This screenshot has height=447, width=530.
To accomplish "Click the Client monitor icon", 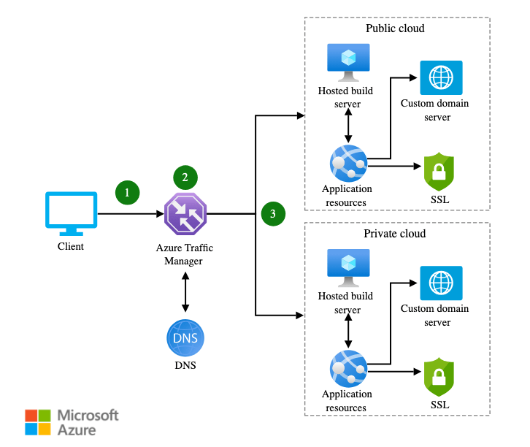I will tap(71, 213).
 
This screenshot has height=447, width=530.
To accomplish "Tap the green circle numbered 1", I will tap(127, 193).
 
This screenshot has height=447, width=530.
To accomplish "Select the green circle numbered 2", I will tap(185, 177).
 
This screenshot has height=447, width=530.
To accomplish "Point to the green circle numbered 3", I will tap(272, 214).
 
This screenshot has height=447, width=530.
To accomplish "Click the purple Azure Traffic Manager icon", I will tap(185, 214).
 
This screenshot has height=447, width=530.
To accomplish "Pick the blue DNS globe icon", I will tap(185, 337).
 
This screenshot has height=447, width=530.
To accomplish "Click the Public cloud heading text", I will tap(394, 28).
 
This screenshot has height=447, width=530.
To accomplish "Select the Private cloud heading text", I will tap(394, 234).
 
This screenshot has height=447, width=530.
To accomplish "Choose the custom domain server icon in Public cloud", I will tap(441, 77).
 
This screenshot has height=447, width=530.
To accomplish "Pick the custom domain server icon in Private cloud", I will tap(441, 283).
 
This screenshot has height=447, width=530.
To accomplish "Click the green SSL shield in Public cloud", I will tap(439, 172).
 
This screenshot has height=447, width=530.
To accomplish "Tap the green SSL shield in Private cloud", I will tap(439, 377).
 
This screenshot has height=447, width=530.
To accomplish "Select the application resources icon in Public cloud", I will tap(347, 162).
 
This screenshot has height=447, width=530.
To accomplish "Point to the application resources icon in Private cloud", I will tap(347, 368).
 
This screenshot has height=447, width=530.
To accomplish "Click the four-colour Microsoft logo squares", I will tap(39, 423).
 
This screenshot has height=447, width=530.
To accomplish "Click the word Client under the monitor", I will tap(71, 247).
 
